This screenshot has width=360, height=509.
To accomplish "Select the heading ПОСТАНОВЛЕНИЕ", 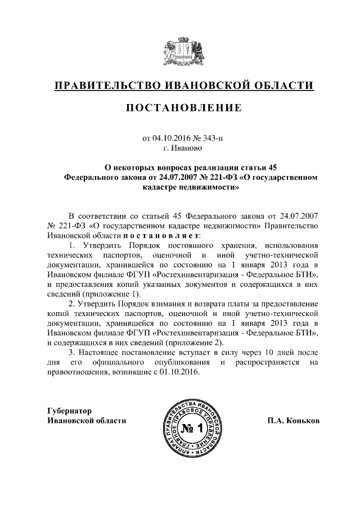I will point(179,107).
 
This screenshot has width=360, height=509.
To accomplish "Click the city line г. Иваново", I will point(179,148).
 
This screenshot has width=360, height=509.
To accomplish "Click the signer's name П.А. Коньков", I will point(288,420).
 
